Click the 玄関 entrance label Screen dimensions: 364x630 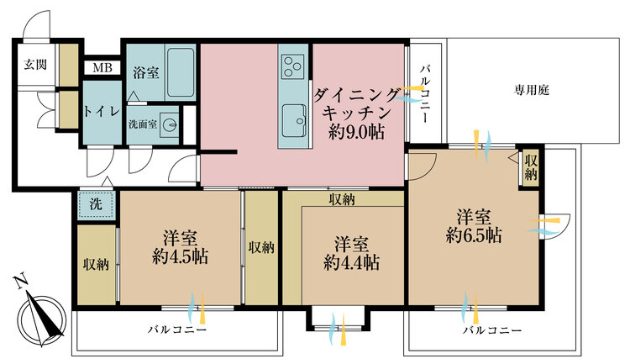coord(34,64)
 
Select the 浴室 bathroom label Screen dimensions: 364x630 coord(145,71)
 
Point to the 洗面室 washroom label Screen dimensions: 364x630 coord(142,124)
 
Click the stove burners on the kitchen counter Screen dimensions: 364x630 coord(294,65)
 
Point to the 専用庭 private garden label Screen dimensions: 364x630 coord(532,89)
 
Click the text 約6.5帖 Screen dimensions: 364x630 coord(474,235)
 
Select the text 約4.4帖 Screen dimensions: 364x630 coord(352,262)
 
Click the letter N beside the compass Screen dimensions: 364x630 coord(20,282)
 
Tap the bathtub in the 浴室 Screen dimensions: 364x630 coord(181,71)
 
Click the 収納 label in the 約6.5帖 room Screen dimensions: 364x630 coord(530,167)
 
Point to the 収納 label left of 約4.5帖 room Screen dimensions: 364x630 coord(96,265)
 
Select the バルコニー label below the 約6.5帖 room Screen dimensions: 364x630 coord(491,330)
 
